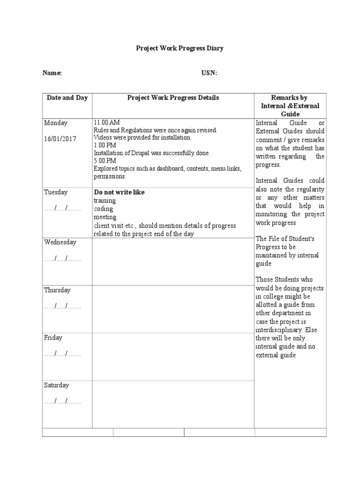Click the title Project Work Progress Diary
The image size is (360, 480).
[180, 48]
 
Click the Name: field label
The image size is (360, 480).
[52, 73]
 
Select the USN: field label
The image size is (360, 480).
[209, 73]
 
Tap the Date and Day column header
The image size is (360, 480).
[67, 98]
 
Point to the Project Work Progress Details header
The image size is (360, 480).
[173, 98]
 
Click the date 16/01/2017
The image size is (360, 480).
[60, 139]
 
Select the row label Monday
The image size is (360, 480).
[56, 123]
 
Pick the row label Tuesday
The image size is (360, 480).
[56, 192]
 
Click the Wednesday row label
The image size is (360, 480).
[60, 242]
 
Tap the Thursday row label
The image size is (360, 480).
[57, 290]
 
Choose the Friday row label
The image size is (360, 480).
[53, 337]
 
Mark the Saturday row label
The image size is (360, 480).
[56, 385]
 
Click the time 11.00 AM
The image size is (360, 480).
[106, 123]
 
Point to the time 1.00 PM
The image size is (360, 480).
[105, 145]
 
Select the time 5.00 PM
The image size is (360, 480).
[105, 161]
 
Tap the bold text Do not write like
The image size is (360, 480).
[119, 192]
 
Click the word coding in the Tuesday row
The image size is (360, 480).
[103, 209]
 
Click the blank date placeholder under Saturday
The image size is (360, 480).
[63, 401]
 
